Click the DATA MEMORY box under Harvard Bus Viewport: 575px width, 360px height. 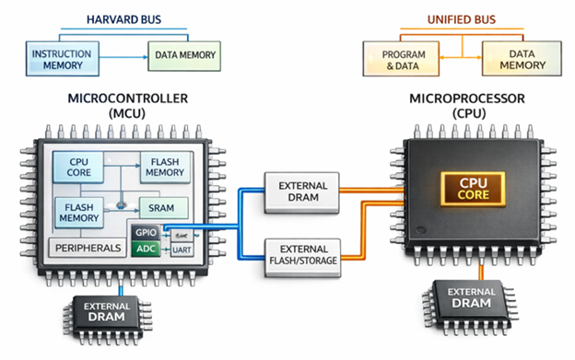[x=185, y=55]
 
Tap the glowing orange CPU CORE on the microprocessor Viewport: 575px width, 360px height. [x=469, y=189]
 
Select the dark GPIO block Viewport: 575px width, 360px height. [x=146, y=232]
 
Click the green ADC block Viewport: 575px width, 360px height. [x=146, y=250]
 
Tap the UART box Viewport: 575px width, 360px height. [x=181, y=250]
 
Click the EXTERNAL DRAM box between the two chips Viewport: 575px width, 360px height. [x=302, y=189]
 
